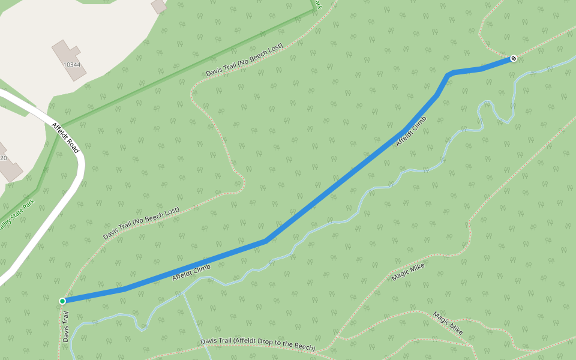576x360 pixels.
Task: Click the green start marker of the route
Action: [x=62, y=301]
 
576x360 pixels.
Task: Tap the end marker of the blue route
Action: [x=514, y=58]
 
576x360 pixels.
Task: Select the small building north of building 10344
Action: [x=159, y=6]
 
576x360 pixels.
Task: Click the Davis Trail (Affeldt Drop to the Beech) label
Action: [x=257, y=344]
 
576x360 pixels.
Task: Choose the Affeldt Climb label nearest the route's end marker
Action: [x=411, y=131]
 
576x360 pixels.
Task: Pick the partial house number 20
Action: [x=3, y=158]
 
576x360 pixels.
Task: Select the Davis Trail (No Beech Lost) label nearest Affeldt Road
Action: [x=141, y=224]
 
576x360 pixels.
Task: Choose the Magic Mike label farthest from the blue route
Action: [x=448, y=323]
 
